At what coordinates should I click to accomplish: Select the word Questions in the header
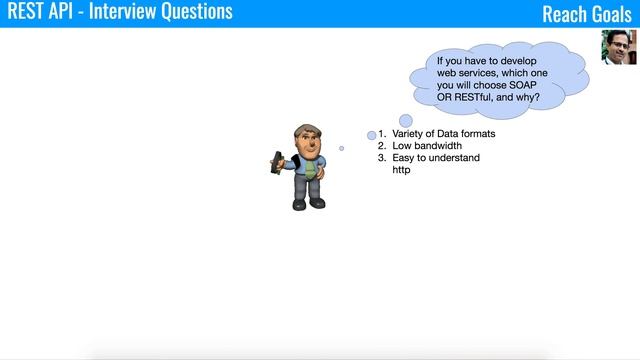[x=194, y=12]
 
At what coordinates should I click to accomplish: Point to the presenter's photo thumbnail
[x=619, y=47]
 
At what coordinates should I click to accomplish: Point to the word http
[x=401, y=170]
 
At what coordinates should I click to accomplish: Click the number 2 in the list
[x=381, y=146]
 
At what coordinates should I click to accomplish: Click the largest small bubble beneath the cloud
[x=406, y=121]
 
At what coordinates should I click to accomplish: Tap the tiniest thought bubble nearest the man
[x=341, y=148]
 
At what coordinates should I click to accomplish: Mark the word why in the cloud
[x=532, y=98]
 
